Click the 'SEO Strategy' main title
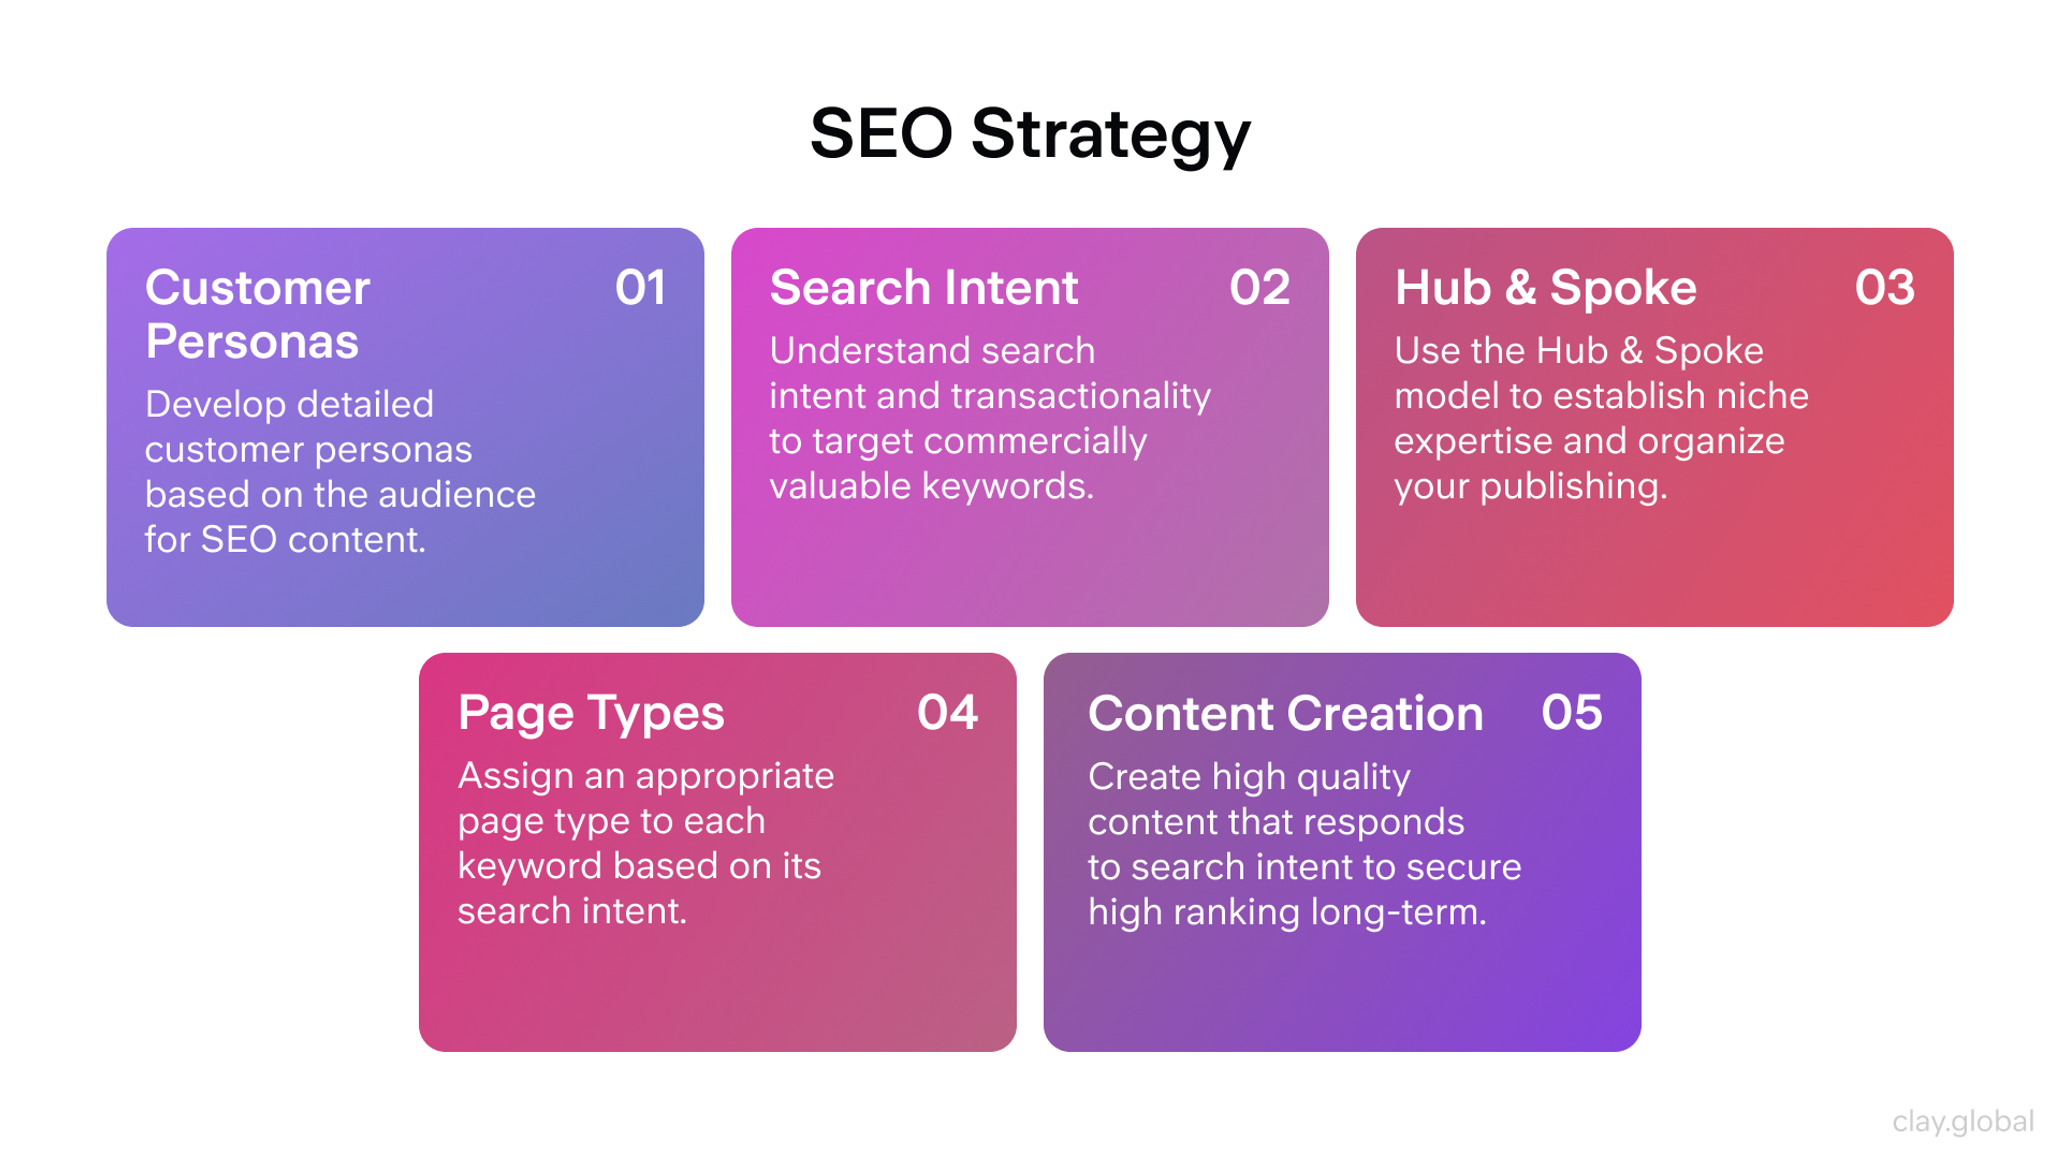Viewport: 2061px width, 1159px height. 1030,134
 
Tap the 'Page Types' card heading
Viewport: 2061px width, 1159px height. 591,714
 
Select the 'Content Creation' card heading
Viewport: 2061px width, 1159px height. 1285,714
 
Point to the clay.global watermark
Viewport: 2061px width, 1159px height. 1963,1121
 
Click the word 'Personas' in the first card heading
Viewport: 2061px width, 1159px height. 252,342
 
